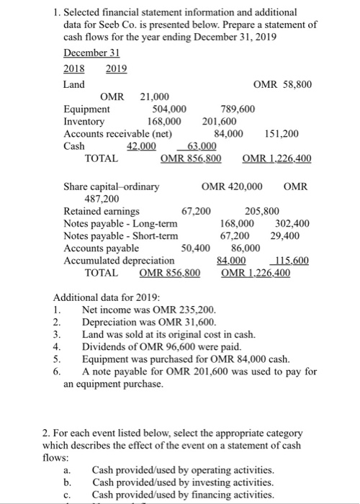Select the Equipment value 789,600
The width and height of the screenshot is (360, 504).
coord(236,109)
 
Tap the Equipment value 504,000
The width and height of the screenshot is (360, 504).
coord(170,109)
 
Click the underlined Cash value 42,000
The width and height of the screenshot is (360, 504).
coord(141,145)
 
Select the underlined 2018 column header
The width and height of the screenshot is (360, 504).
coord(74,69)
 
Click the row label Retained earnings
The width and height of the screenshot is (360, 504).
coord(102,212)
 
